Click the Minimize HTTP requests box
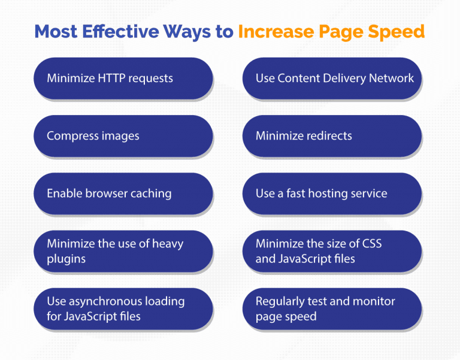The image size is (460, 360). click(123, 78)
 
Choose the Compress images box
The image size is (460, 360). click(123, 136)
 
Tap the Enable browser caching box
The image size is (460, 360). click(123, 193)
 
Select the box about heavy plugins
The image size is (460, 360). click(123, 251)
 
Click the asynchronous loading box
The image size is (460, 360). click(123, 308)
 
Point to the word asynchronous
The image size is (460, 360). click(105, 301)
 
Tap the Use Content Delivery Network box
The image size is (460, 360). click(332, 78)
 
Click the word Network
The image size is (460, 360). click(392, 78)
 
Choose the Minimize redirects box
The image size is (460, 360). click(332, 136)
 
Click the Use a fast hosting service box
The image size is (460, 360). click(332, 193)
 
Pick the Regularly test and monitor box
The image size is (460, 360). click(332, 308)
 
